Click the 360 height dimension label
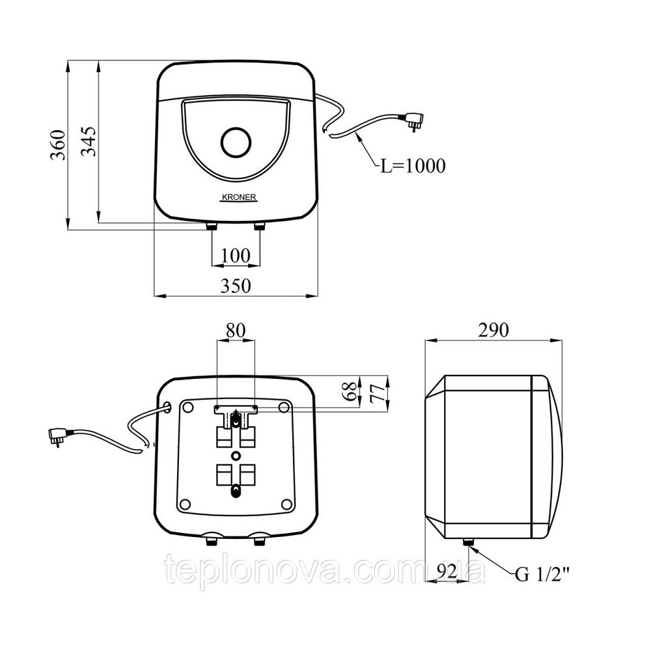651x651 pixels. pos(58,145)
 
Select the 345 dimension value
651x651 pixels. pos(89,141)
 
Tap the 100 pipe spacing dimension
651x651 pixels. pos(236,255)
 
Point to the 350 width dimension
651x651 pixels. pos(236,286)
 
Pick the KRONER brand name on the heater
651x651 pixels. pos(239,198)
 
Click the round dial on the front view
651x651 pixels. pos(236,142)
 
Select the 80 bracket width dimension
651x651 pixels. pos(236,331)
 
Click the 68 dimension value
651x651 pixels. pos(352,391)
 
